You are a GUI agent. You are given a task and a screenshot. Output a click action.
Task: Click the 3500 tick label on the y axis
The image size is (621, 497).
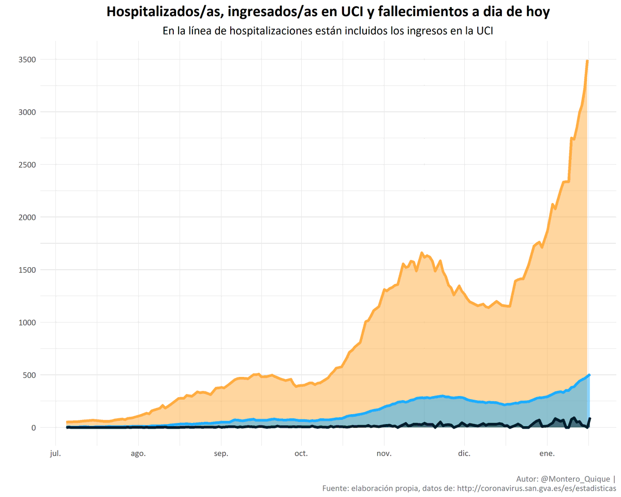pos(27,60)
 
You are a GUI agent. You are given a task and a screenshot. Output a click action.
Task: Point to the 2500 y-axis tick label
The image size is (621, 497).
pos(27,165)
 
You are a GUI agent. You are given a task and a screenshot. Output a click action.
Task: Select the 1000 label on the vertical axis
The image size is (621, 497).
pos(27,322)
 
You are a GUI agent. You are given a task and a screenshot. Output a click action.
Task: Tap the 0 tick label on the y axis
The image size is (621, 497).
pos(33,428)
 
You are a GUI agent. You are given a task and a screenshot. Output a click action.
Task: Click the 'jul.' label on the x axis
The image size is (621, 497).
pos(55,454)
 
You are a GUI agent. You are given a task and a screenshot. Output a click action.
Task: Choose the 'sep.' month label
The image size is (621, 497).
pos(221,454)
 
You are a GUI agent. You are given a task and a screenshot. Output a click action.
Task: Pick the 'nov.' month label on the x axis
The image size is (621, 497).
pos(384,454)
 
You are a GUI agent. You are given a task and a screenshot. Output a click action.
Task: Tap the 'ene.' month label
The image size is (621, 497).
pos(547,454)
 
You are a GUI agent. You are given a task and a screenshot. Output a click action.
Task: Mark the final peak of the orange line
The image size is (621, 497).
pos(587,61)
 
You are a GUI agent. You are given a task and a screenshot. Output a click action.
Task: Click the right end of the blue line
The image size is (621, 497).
pos(589,375)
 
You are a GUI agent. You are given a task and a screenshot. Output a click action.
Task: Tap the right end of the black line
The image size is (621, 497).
pos(590,418)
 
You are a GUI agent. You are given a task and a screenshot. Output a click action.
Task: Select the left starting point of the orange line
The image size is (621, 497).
pos(67,422)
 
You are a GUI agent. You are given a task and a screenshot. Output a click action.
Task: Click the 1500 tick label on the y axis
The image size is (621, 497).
pos(27,270)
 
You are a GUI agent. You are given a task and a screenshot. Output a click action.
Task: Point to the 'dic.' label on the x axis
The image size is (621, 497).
pos(464,454)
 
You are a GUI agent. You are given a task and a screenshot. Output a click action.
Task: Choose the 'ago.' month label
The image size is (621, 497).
pos(138,454)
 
